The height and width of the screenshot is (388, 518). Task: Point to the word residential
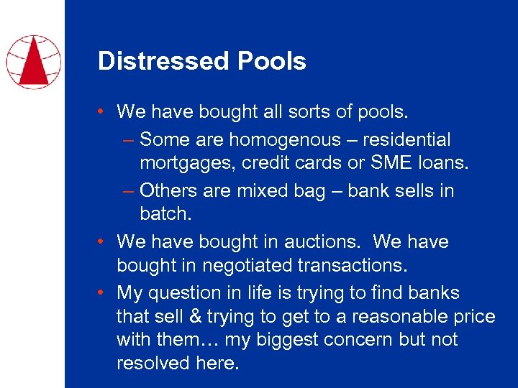[411, 139]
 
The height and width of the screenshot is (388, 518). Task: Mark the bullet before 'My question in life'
[104, 292]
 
